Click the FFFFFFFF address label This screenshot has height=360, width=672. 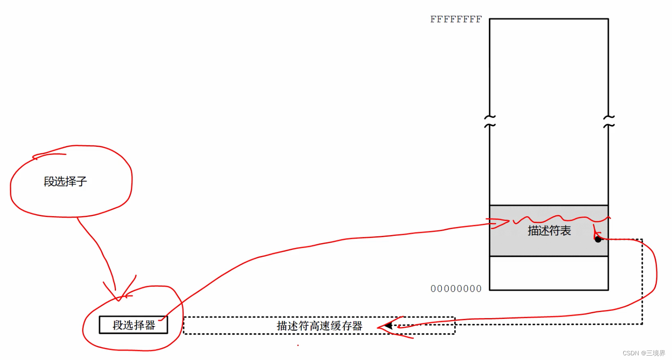point(456,19)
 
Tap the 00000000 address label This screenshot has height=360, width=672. point(456,289)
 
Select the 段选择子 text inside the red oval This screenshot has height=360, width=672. point(65,181)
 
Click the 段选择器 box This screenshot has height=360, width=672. point(134,325)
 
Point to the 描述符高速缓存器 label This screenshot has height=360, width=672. point(319,326)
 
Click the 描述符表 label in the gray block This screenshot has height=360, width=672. point(549,231)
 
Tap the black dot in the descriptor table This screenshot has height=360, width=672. point(598,239)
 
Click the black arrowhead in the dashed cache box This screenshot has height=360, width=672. point(388,326)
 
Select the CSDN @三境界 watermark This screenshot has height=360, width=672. point(644,353)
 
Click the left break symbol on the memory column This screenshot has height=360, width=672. point(490,121)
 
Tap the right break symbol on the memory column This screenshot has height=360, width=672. point(609,121)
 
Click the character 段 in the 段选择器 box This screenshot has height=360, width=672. point(118,325)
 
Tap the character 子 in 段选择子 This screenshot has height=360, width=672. point(82,181)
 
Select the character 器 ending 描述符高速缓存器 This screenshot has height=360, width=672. point(357,326)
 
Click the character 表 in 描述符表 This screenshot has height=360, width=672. point(565,231)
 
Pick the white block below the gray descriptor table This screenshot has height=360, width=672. point(549,273)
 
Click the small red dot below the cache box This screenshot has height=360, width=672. point(298,345)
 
